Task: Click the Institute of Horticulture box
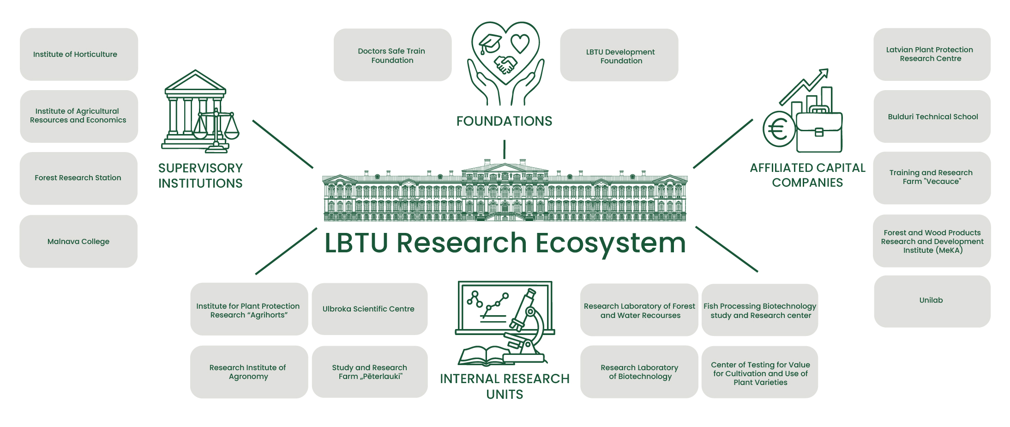78,55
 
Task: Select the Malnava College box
78,241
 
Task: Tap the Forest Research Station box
78,178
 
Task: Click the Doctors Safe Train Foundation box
392,55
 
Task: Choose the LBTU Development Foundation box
619,56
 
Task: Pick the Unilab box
932,301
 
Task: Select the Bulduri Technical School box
932,116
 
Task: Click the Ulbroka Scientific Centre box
369,309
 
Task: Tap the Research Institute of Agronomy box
249,372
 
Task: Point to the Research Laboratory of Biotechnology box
639,372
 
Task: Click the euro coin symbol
778,129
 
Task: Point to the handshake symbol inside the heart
505,65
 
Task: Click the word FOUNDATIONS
504,121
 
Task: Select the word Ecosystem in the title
610,243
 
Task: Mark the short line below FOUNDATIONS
504,149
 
